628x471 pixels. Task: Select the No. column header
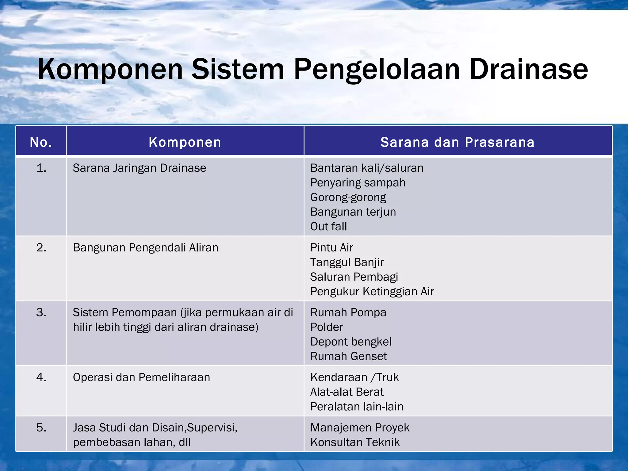pos(41,142)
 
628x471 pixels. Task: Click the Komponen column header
pos(185,142)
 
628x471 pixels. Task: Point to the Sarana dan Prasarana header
pos(458,142)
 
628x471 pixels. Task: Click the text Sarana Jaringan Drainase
pos(139,168)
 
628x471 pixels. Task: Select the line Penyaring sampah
pos(358,183)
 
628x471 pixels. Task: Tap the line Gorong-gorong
pos(348,197)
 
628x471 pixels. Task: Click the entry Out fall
pos(328,227)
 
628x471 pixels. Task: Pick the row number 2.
pos(41,247)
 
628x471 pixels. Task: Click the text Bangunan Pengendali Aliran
pos(145,247)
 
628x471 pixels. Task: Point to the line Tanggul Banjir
pos(347,262)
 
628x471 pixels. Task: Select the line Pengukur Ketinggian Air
pos(372,291)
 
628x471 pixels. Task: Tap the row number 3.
pos(41,312)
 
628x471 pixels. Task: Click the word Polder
pos(327,327)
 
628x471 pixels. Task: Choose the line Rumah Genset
pos(349,356)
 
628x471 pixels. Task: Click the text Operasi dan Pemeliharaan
pos(141,377)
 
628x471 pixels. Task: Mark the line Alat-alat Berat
pos(347,392)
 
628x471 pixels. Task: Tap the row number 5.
pos(41,428)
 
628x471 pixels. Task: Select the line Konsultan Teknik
pos(355,442)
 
